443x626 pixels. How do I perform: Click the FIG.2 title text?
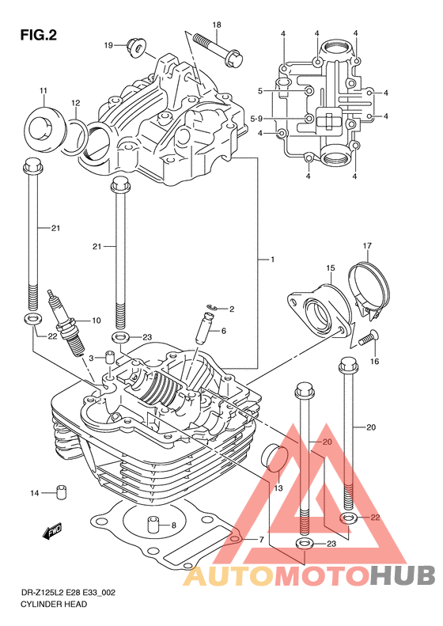38,35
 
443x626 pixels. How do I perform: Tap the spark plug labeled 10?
66,323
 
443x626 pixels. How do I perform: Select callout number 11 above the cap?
43,91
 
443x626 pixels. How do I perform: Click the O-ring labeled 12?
74,136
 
